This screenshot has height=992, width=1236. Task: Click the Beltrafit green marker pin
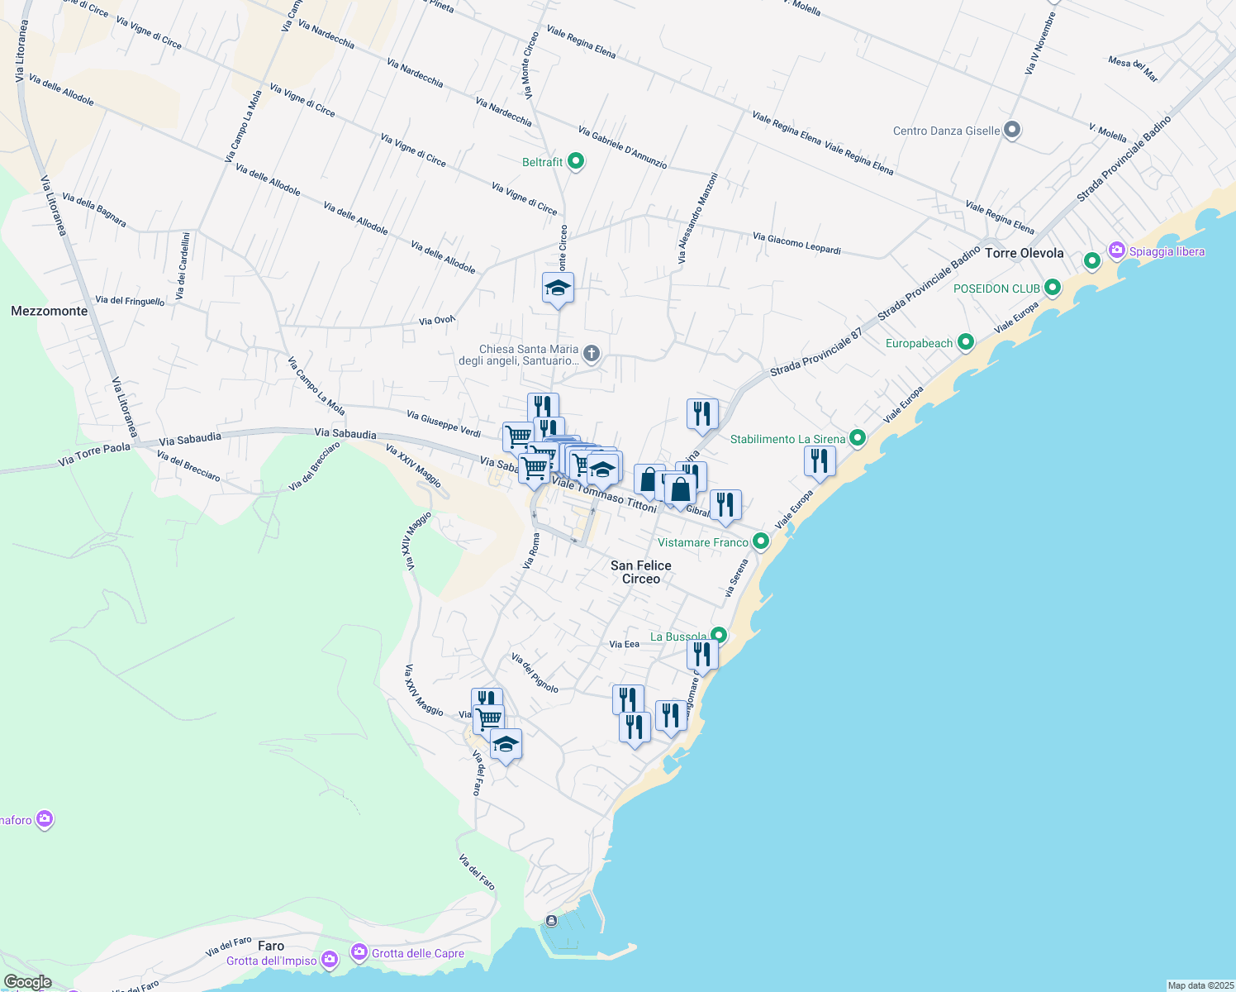pos(576,162)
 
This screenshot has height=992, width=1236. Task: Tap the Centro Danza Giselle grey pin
pos(1012,130)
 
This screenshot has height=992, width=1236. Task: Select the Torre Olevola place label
pos(1024,253)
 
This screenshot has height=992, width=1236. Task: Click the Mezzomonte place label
pos(50,311)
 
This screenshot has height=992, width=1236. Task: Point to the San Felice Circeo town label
pos(640,572)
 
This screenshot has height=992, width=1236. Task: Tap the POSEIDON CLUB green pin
pos(1052,288)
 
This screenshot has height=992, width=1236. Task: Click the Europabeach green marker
pos(965,342)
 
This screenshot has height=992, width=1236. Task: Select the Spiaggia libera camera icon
pos(1117,250)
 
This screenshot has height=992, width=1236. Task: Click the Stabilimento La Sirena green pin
pos(858,438)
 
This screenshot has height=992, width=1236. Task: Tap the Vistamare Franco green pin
pos(761,541)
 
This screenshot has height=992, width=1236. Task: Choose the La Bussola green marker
pos(719,636)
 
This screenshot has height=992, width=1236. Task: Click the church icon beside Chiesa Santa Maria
pos(591,355)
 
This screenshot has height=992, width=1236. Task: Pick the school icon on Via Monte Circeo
pos(558,289)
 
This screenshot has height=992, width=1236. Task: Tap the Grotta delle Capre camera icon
pos(359,952)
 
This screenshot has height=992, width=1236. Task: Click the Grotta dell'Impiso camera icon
pos(329,960)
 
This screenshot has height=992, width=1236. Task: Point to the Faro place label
pos(271,946)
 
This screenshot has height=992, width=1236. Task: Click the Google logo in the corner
pos(27,982)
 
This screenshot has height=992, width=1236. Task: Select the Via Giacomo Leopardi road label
pos(796,243)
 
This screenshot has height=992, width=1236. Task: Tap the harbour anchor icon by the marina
pos(551,921)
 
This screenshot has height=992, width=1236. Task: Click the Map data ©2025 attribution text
pos(1200,985)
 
